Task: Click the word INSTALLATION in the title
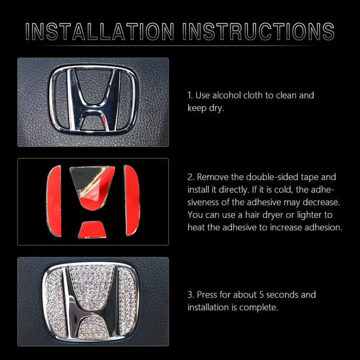pos(100,31)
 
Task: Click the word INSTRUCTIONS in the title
pos(258,31)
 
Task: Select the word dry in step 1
pos(216,108)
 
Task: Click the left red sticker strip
pos(54,201)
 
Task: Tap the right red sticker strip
pos(132,200)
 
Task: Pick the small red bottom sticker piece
pos(92,229)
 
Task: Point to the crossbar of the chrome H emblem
pos(92,109)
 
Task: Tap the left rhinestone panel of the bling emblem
pos(55,301)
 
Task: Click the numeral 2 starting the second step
pos(190,177)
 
